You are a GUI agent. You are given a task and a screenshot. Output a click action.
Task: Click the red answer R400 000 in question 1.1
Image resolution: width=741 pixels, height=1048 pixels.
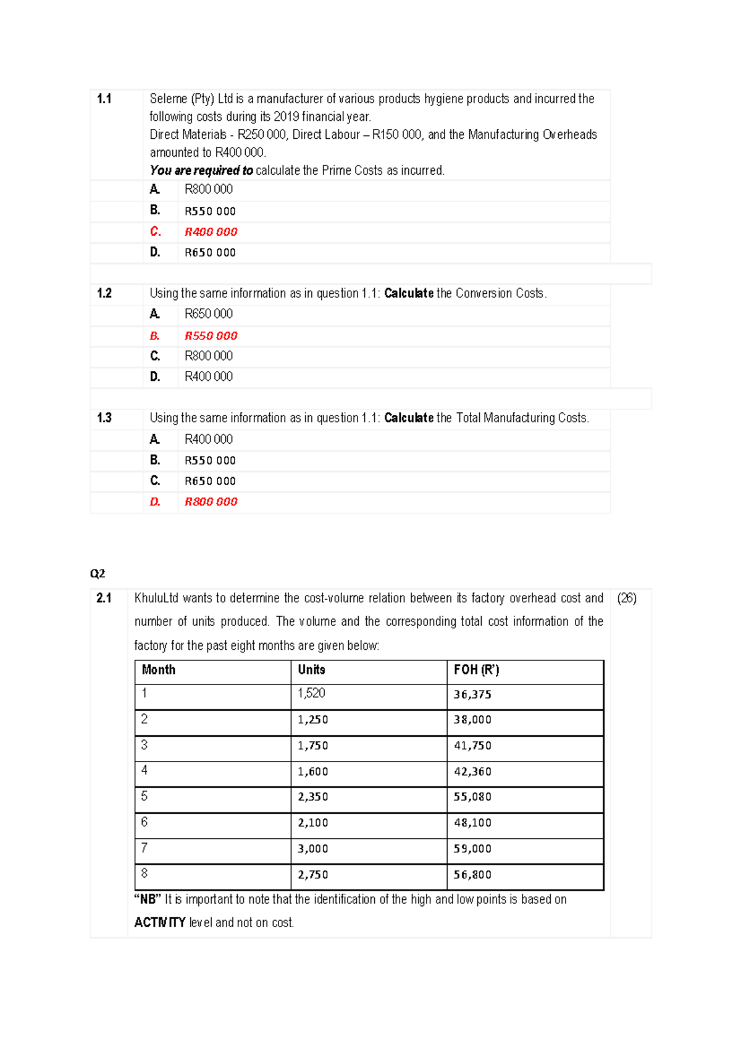211,232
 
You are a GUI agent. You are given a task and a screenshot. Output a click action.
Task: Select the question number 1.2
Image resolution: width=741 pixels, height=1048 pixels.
104,293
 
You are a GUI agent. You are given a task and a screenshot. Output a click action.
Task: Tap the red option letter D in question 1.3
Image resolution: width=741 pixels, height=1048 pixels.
155,502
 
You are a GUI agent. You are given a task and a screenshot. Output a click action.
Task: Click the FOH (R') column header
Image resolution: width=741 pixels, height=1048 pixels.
476,670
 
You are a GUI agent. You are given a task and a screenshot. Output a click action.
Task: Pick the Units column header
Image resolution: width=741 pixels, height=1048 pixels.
311,670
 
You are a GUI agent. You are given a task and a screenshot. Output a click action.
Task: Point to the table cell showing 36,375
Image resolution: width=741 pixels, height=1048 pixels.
472,694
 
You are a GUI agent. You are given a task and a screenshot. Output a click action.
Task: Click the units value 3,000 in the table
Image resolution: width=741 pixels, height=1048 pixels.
312,849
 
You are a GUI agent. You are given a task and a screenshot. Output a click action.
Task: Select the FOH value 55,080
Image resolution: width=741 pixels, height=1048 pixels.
472,797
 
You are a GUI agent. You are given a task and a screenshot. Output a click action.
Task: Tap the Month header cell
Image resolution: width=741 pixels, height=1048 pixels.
159,670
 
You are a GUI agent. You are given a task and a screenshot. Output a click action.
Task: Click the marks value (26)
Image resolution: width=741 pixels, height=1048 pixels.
627,598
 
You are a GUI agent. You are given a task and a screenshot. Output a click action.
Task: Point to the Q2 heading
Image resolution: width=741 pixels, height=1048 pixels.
98,573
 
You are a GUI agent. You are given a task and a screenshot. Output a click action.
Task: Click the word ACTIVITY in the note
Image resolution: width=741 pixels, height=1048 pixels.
160,922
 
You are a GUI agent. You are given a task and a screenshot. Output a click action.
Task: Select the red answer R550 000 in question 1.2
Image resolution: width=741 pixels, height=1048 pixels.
211,336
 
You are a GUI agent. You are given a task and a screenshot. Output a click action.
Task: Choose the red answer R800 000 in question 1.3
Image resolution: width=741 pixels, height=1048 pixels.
211,502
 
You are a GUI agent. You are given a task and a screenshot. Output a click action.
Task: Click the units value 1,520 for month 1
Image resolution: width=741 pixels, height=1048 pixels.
311,693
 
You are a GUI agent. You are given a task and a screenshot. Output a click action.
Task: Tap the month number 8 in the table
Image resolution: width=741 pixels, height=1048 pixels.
144,873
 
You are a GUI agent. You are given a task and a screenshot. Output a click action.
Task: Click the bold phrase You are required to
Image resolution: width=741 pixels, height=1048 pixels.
201,170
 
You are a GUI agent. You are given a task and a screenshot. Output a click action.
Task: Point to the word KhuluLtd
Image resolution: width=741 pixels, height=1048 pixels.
156,598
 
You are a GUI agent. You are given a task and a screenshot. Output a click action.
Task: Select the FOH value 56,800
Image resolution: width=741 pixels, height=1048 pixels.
472,875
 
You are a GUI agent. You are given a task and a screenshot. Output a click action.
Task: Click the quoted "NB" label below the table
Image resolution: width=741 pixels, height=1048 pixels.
148,899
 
